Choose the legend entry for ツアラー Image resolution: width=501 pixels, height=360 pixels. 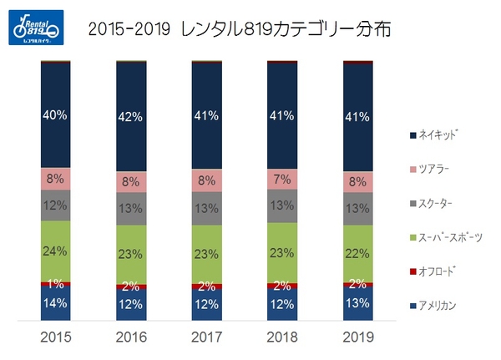(437, 168)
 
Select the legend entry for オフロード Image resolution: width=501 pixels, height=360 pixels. (438, 271)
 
